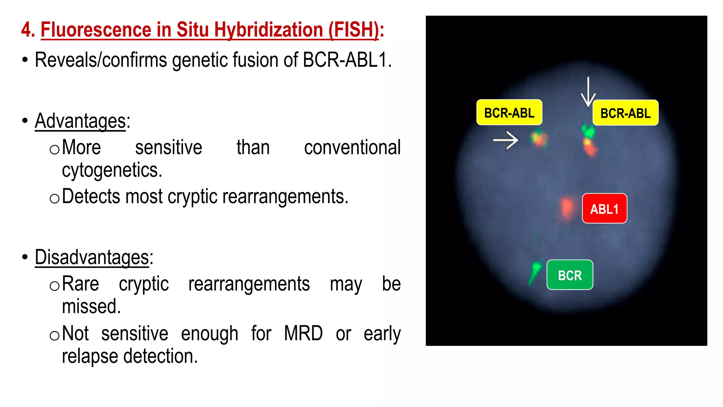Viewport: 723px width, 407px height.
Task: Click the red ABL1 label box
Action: [604, 208]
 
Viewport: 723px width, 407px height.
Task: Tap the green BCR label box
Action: [569, 275]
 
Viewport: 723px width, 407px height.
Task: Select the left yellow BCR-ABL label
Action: [509, 113]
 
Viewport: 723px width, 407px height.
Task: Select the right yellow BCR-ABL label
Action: [625, 113]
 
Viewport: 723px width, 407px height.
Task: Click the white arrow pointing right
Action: [506, 140]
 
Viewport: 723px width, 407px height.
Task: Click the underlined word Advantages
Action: [80, 121]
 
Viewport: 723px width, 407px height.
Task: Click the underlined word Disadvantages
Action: [92, 257]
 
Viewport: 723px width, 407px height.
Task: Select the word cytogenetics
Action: [112, 170]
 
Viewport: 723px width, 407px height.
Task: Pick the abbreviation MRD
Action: [303, 333]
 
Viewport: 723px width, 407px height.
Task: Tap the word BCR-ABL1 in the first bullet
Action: [347, 60]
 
